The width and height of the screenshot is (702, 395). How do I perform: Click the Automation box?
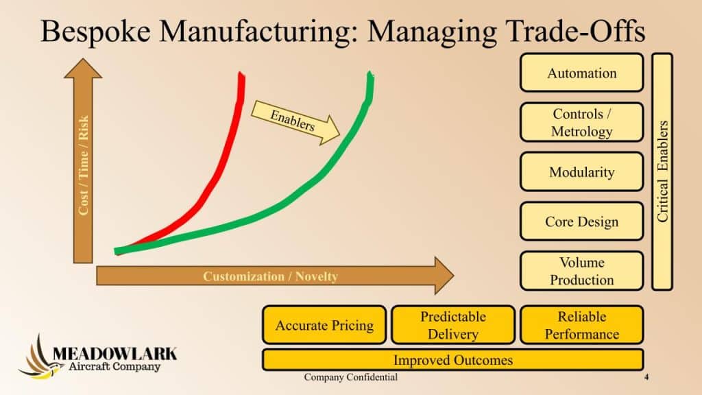tap(581, 73)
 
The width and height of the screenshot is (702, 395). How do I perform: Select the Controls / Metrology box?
tap(581, 122)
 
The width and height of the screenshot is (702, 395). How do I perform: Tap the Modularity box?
tap(581, 172)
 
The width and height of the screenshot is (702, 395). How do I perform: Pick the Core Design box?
tap(581, 222)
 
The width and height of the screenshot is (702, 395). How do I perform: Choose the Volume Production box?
tap(581, 271)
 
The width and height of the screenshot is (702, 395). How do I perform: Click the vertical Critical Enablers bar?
tap(662, 171)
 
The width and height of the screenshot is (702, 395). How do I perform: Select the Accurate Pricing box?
tap(324, 325)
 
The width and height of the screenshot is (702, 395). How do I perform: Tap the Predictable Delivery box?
tap(453, 325)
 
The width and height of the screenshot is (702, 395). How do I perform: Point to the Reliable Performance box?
tap(581, 325)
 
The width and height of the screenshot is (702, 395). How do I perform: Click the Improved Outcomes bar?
tap(453, 360)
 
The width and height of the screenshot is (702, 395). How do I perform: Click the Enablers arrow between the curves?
tap(295, 122)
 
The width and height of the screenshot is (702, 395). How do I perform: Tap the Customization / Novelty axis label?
tap(270, 276)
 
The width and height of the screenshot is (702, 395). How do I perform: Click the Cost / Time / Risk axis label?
tap(83, 165)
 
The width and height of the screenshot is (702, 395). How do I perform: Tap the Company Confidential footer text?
tap(350, 377)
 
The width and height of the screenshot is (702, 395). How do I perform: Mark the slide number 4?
tap(646, 377)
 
